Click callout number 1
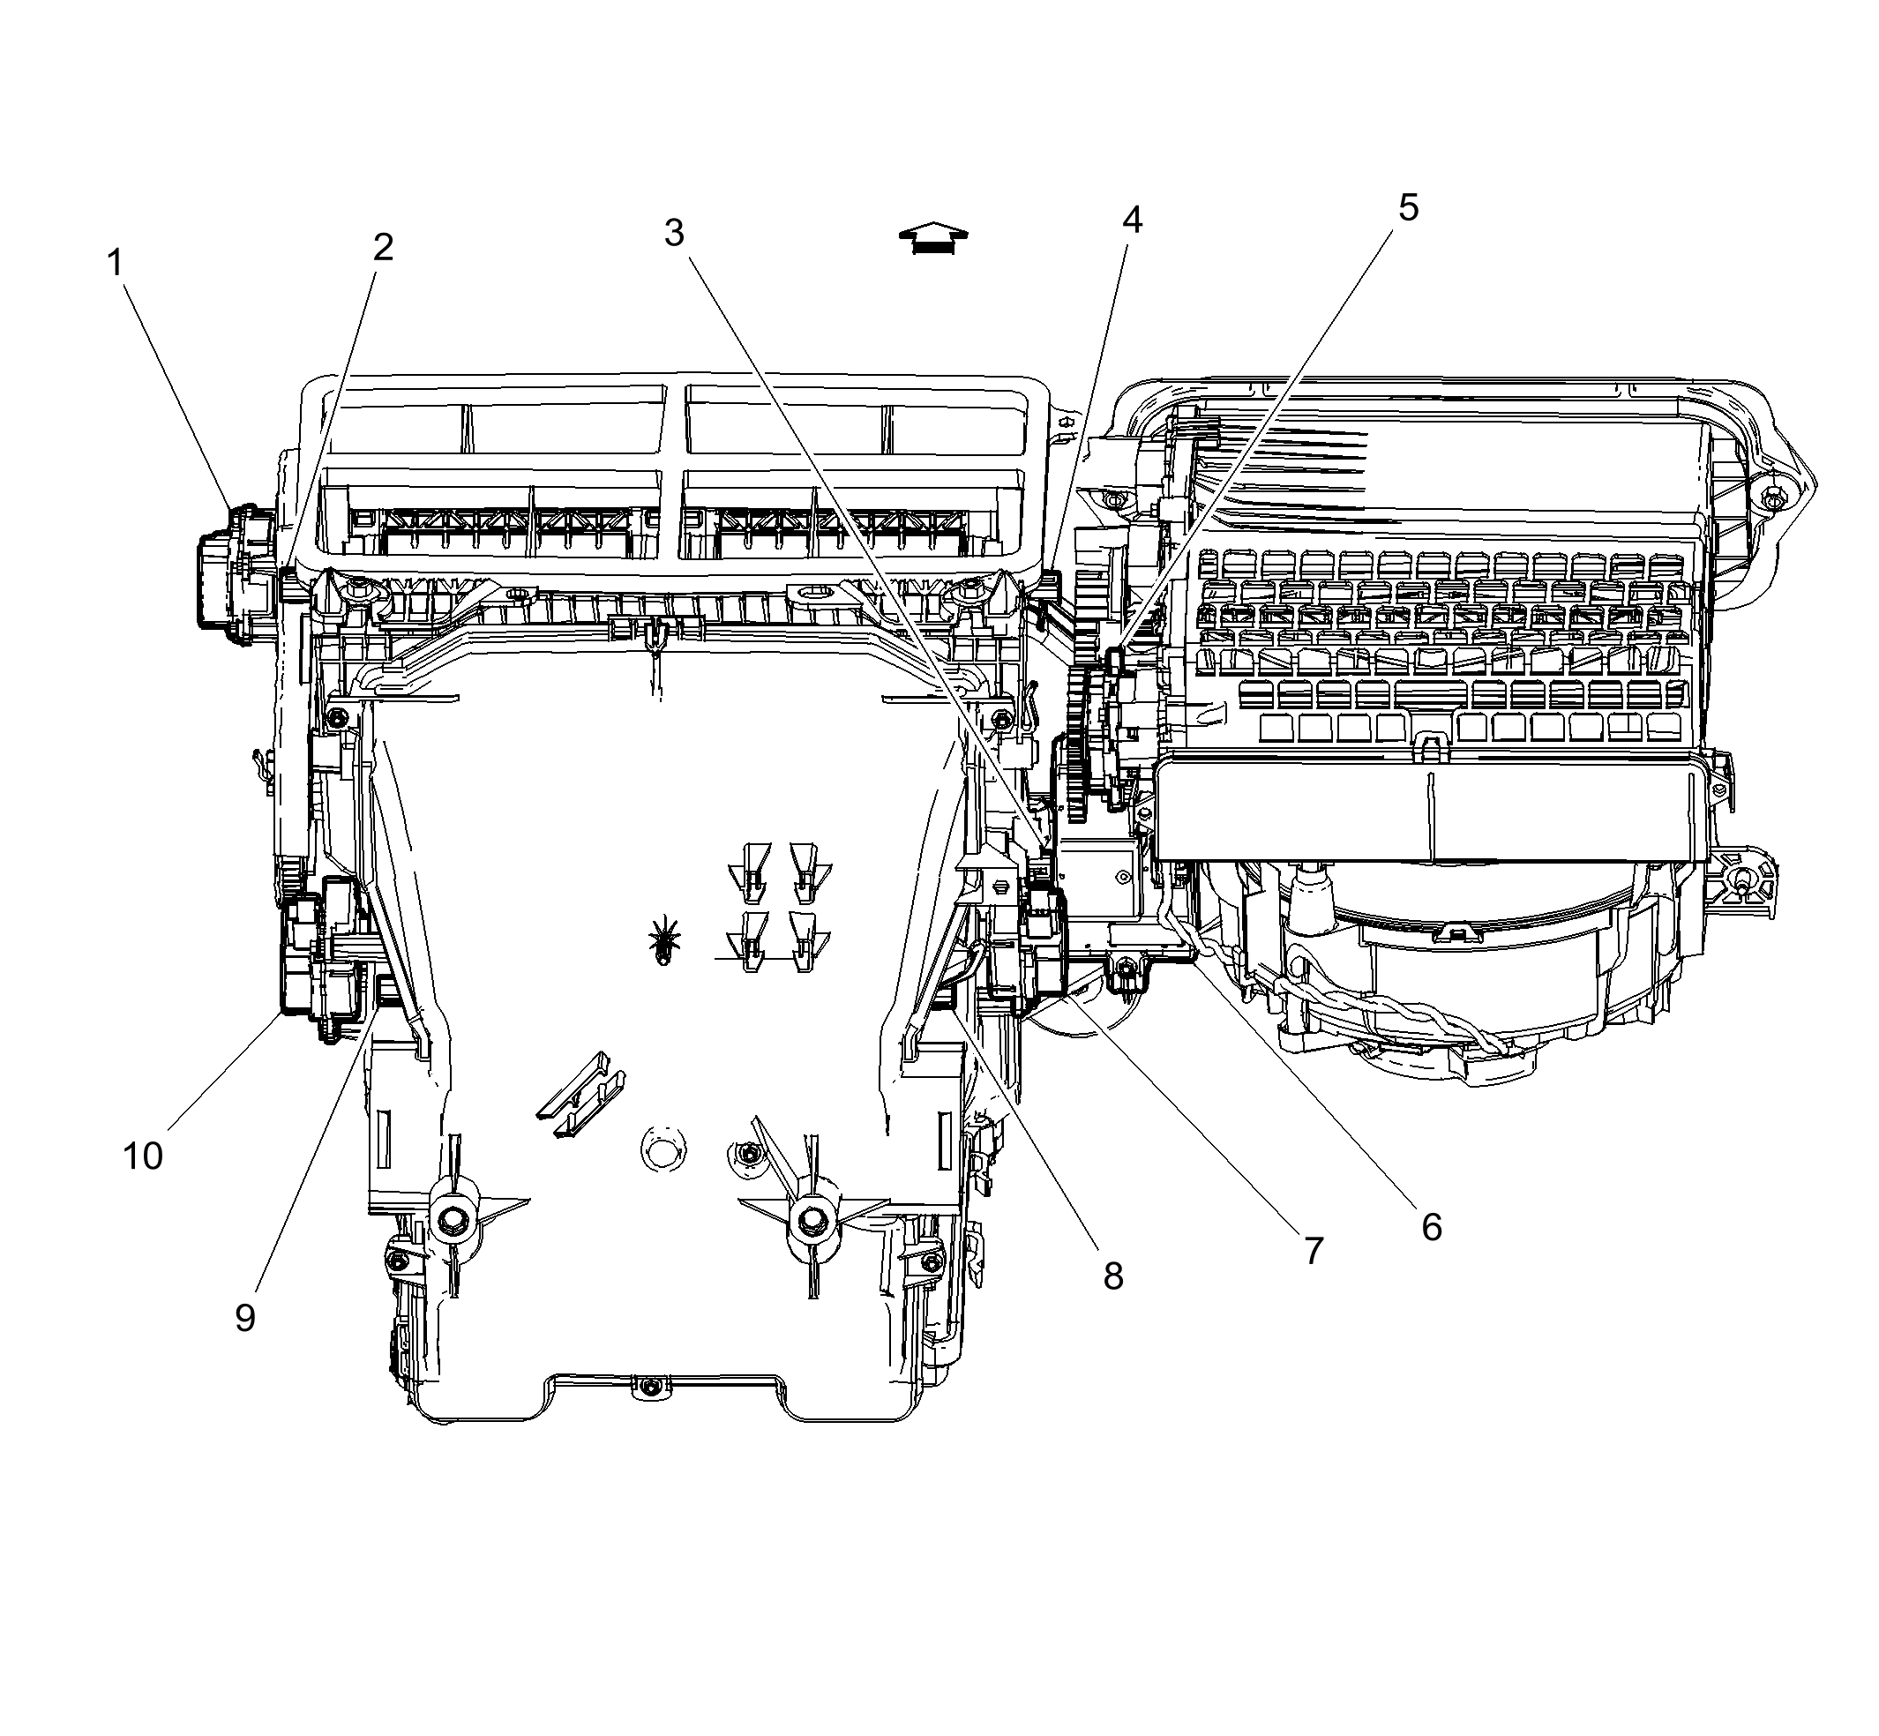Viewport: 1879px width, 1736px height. [115, 264]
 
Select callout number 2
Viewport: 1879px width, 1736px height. [382, 248]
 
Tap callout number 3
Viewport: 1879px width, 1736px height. [674, 233]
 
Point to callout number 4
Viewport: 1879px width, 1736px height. [1132, 221]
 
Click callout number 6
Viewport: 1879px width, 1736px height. [1431, 1227]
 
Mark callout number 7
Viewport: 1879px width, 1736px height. [1314, 1250]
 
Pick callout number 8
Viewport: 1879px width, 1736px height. [1113, 1276]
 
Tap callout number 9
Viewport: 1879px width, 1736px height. [245, 1319]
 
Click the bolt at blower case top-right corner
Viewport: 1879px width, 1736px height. [1771, 500]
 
